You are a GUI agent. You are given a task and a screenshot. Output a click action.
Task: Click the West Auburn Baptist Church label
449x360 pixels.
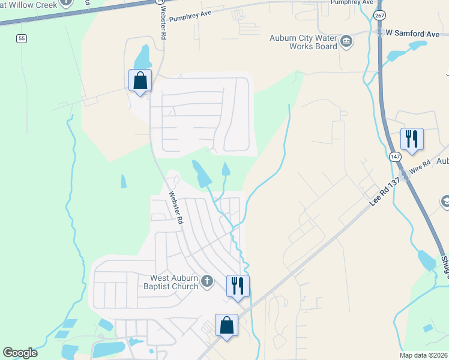pyautogui.click(x=174, y=282)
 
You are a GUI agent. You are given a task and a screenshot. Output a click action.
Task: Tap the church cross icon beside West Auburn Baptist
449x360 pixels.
pyautogui.click(x=207, y=281)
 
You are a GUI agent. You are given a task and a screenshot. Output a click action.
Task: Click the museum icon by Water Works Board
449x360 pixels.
pyautogui.click(x=346, y=41)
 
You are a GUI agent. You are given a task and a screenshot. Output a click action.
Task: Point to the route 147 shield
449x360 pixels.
pyautogui.click(x=394, y=156)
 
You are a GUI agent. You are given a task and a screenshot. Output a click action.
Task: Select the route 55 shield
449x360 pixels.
pyautogui.click(x=22, y=38)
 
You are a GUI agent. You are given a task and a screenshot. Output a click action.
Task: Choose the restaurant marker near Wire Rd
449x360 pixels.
pyautogui.click(x=412, y=139)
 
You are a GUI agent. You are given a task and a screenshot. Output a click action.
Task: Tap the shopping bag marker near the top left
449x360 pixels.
pyautogui.click(x=140, y=80)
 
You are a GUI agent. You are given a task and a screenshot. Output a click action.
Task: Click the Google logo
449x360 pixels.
pyautogui.click(x=20, y=353)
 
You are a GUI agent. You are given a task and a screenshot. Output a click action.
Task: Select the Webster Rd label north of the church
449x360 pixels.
pyautogui.click(x=176, y=208)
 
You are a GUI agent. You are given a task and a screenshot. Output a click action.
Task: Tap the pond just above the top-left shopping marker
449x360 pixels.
pyautogui.click(x=143, y=57)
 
